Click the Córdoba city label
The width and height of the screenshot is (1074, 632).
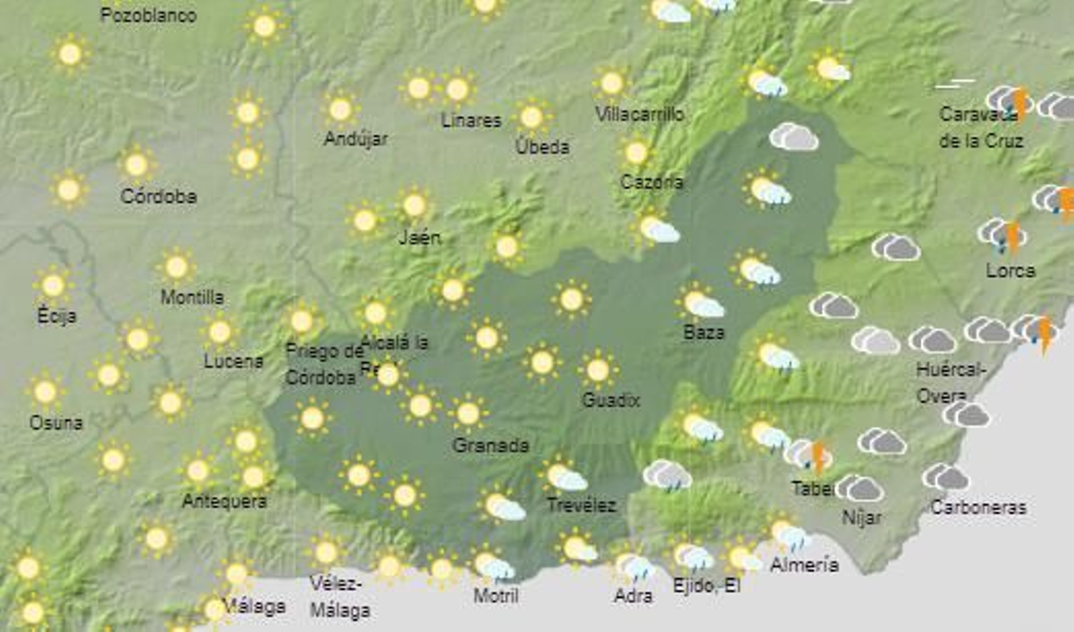tap(158, 196)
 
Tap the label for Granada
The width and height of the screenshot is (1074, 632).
tap(491, 445)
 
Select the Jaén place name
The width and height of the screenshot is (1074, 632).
tap(420, 236)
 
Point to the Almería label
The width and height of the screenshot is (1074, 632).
tap(804, 564)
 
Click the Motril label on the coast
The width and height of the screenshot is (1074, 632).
tap(496, 595)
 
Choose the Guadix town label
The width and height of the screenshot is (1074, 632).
tap(611, 400)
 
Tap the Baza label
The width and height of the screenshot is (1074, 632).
tap(703, 332)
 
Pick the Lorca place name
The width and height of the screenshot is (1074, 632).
tap(1010, 271)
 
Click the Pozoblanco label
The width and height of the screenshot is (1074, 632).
tap(148, 15)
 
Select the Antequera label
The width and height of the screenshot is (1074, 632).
tap(224, 500)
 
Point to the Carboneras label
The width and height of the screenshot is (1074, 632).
tap(978, 507)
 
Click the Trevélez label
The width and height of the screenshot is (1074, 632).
tap(581, 504)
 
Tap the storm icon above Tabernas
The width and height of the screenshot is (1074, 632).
tap(810, 456)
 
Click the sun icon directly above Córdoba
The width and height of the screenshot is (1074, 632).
tap(136, 165)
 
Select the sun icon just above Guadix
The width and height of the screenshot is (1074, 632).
tap(597, 369)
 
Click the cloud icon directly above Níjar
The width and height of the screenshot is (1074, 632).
tap(860, 488)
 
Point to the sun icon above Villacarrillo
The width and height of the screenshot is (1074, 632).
tap(612, 84)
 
